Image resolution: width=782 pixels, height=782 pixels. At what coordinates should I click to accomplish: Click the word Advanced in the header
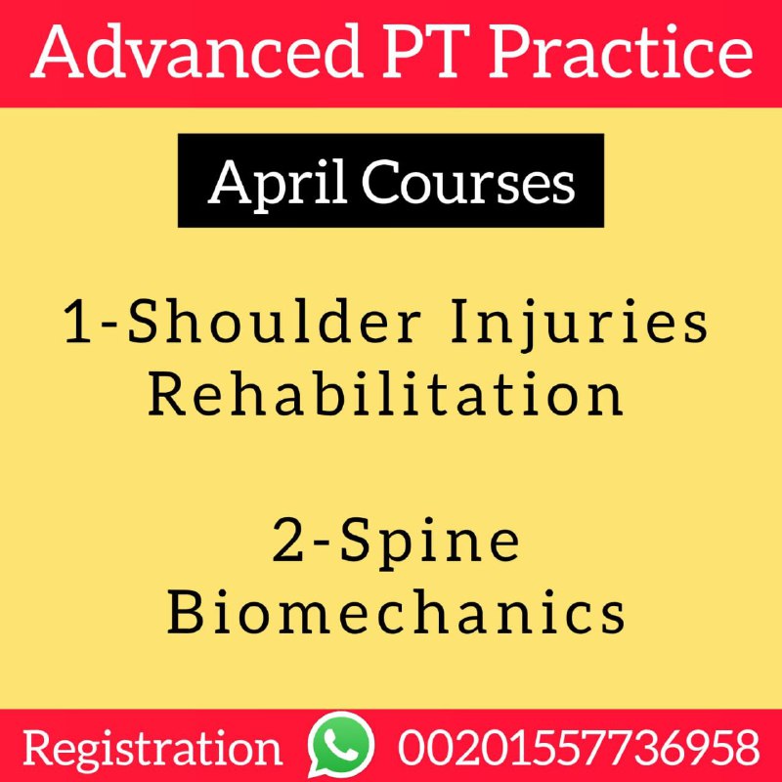pyautogui.click(x=197, y=52)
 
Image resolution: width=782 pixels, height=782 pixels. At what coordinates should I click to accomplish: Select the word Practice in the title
pyautogui.click(x=621, y=52)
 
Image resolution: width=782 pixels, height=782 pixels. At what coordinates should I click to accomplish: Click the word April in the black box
pyautogui.click(x=278, y=182)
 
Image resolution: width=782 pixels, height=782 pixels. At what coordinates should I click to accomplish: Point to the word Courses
pyautogui.click(x=468, y=182)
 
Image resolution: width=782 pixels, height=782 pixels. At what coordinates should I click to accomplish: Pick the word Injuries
pyautogui.click(x=579, y=325)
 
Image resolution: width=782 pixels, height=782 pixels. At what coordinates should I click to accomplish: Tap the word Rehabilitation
pyautogui.click(x=385, y=393)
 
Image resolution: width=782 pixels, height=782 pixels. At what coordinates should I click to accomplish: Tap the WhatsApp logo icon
pyautogui.click(x=340, y=744)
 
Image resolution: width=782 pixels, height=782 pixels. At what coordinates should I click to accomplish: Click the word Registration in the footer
pyautogui.click(x=152, y=748)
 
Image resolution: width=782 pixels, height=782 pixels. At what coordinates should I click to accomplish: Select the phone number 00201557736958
pyautogui.click(x=579, y=747)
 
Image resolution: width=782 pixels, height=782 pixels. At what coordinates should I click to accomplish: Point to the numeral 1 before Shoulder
pyautogui.click(x=78, y=322)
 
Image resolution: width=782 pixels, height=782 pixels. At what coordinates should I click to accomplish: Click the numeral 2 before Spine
pyautogui.click(x=288, y=541)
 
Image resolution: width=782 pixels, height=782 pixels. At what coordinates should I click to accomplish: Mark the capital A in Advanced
pyautogui.click(x=59, y=53)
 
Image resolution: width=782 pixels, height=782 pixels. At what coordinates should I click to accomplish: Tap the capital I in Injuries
pyautogui.click(x=461, y=322)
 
